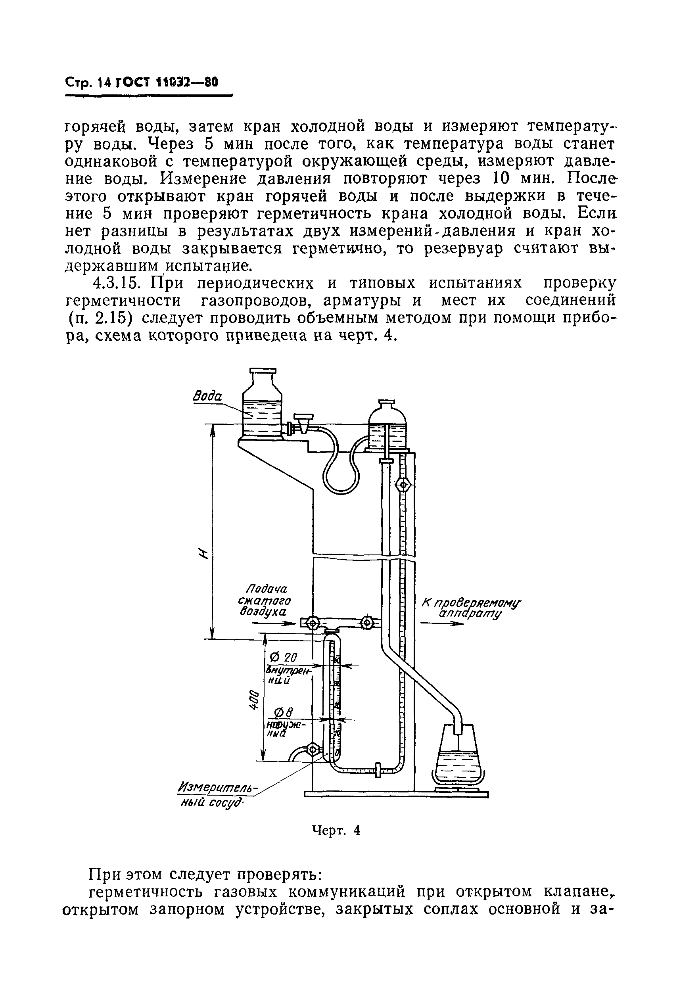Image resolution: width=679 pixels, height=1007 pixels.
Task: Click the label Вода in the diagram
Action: point(207,396)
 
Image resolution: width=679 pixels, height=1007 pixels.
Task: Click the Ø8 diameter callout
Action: point(284,712)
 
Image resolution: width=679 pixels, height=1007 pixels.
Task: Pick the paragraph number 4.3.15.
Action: point(116,284)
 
